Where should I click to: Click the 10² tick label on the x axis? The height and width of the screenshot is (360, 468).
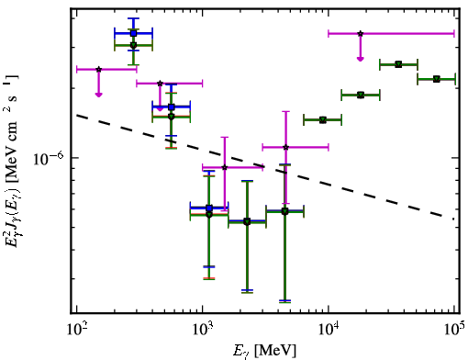pos(77,329)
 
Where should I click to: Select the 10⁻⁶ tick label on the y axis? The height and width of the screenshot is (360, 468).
pos(49,159)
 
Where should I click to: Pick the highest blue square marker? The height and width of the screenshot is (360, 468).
pos(133,33)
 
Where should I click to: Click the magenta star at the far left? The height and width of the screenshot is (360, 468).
pos(98,70)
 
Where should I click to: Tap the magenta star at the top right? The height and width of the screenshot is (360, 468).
pos(361,33)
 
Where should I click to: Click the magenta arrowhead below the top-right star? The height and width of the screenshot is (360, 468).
pos(361,59)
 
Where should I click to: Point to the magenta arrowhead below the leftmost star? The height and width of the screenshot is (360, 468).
pos(98,95)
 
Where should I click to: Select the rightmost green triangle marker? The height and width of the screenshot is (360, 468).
pos(437,79)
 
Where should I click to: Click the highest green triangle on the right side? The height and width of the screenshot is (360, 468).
pos(398,64)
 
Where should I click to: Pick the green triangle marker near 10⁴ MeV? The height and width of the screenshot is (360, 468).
pos(323,120)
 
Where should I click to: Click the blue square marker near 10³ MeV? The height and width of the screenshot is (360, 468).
pos(209,208)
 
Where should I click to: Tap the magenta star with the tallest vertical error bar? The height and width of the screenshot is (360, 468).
pos(285,148)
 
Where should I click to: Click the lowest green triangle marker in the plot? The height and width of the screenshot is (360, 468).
pos(247,222)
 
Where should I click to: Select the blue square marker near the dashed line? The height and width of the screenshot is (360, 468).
pos(172,107)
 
